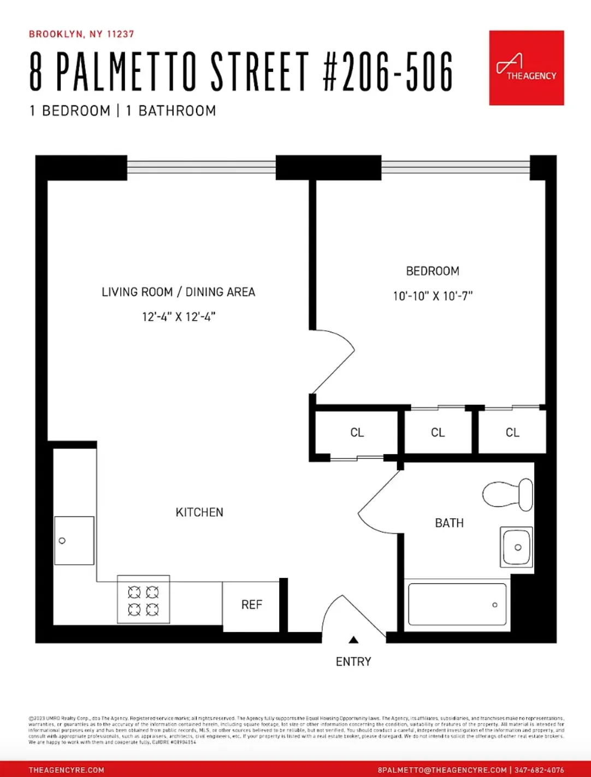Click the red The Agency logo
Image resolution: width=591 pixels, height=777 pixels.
tap(526, 68)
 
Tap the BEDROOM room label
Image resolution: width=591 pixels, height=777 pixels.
tap(432, 271)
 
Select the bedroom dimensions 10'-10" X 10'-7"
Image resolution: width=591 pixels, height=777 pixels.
tap(432, 296)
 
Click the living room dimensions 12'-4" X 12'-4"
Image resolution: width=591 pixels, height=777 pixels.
tap(179, 317)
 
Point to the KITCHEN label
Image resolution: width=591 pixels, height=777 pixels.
tap(199, 512)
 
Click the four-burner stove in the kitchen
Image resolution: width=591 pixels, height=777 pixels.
tap(143, 600)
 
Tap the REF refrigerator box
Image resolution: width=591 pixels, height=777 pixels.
tap(251, 605)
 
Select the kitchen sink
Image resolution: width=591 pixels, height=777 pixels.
tap(74, 541)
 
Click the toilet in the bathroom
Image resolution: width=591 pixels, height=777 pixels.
tap(509, 494)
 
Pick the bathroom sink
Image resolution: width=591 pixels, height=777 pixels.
tap(516, 547)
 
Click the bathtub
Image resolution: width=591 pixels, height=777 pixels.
tap(457, 605)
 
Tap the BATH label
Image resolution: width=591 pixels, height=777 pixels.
tap(449, 523)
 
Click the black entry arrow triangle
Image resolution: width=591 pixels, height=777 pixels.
tap(353, 640)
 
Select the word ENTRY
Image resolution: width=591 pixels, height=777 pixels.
tap(353, 662)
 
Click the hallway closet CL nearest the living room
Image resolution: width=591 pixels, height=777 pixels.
tap(357, 433)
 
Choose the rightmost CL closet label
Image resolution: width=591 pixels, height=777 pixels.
tap(512, 433)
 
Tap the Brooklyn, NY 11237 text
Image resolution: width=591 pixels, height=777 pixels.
tap(81, 34)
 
